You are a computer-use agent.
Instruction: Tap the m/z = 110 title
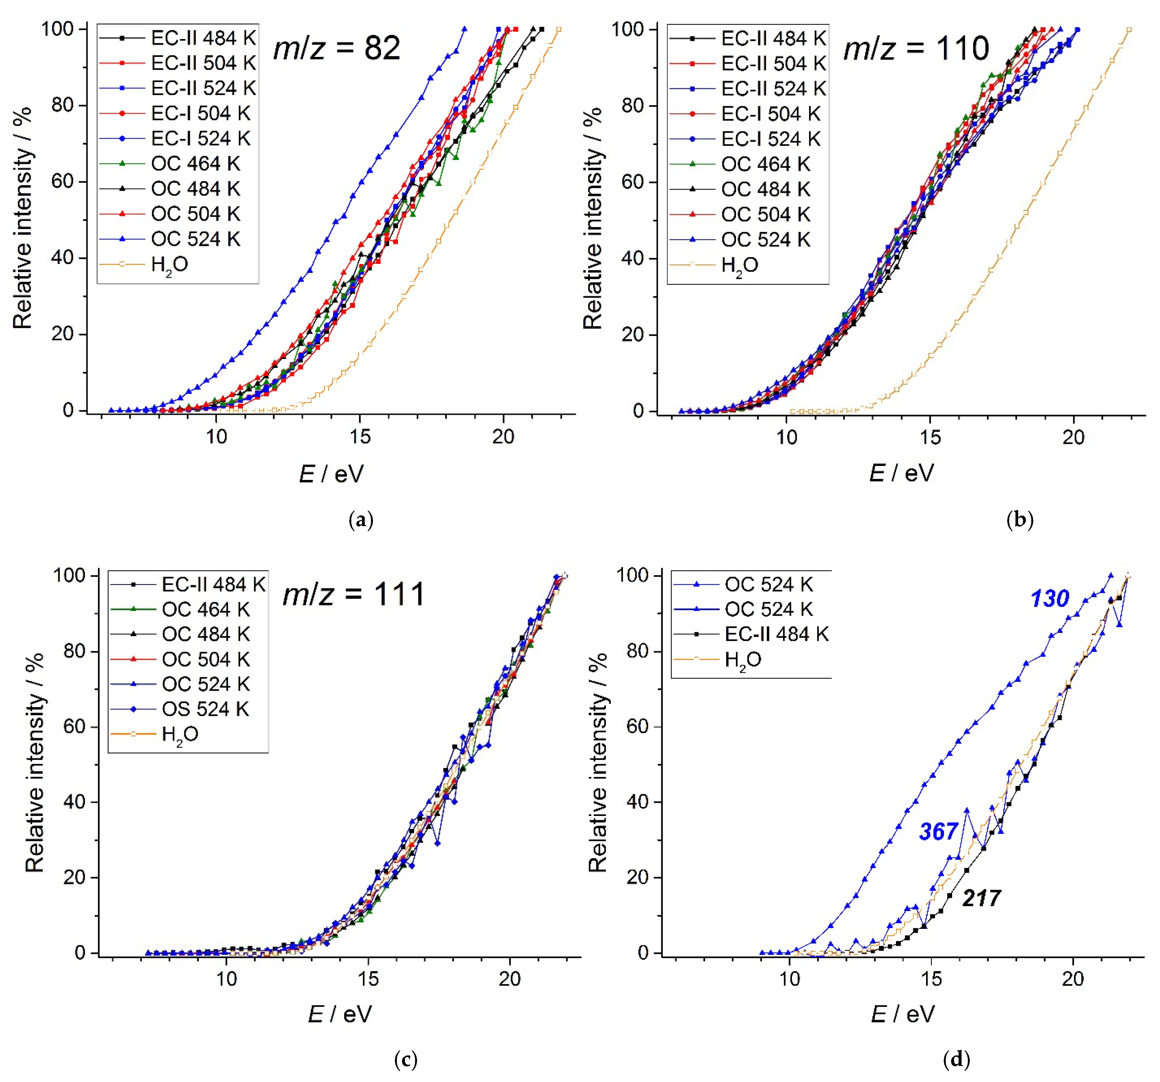pos(916,48)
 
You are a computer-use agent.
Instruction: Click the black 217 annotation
pos(982,898)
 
